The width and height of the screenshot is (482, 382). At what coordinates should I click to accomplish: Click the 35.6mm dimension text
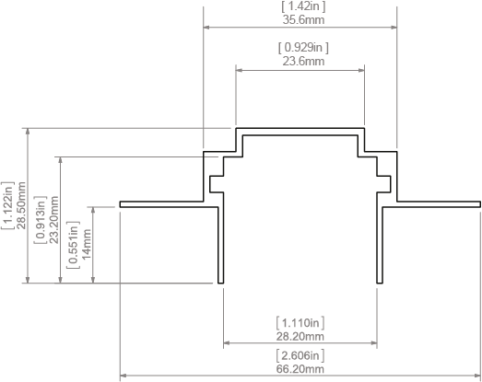[303, 20]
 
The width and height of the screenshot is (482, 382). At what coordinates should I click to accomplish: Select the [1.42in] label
[303, 6]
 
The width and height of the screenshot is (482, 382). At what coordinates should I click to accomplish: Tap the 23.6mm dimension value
[303, 61]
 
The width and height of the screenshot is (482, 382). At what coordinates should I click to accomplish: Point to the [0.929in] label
[303, 48]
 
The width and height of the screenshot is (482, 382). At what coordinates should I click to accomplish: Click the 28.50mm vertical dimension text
[21, 205]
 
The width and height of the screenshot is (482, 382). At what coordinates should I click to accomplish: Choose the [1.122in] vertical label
[7, 205]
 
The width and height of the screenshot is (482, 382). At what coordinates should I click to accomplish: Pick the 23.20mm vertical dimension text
[54, 220]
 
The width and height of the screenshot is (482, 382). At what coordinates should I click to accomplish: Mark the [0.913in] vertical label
[41, 220]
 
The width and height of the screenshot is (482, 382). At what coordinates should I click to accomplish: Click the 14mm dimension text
[87, 244]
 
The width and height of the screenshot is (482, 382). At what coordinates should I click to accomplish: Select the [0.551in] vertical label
[73, 245]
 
